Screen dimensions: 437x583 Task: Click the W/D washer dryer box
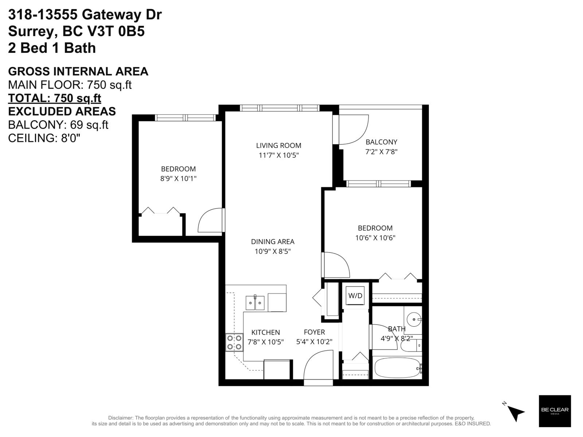[355, 296]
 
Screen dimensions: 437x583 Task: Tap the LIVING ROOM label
[278, 145]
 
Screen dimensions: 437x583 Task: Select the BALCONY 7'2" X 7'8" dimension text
[381, 152]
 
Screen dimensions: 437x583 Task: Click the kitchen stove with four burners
[234, 342]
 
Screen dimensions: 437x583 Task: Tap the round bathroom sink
[414, 320]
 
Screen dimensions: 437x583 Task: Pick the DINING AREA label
[273, 241]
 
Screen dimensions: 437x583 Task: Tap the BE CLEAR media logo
[555, 411]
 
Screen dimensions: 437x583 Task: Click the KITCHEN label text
[266, 332]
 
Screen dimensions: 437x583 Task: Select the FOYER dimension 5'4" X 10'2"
[314, 342]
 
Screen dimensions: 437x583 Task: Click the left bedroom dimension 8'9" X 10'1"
[178, 178]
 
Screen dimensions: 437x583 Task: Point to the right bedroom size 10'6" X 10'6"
[375, 238]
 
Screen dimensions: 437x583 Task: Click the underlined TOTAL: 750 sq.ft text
[55, 98]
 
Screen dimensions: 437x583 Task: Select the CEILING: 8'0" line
[44, 138]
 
